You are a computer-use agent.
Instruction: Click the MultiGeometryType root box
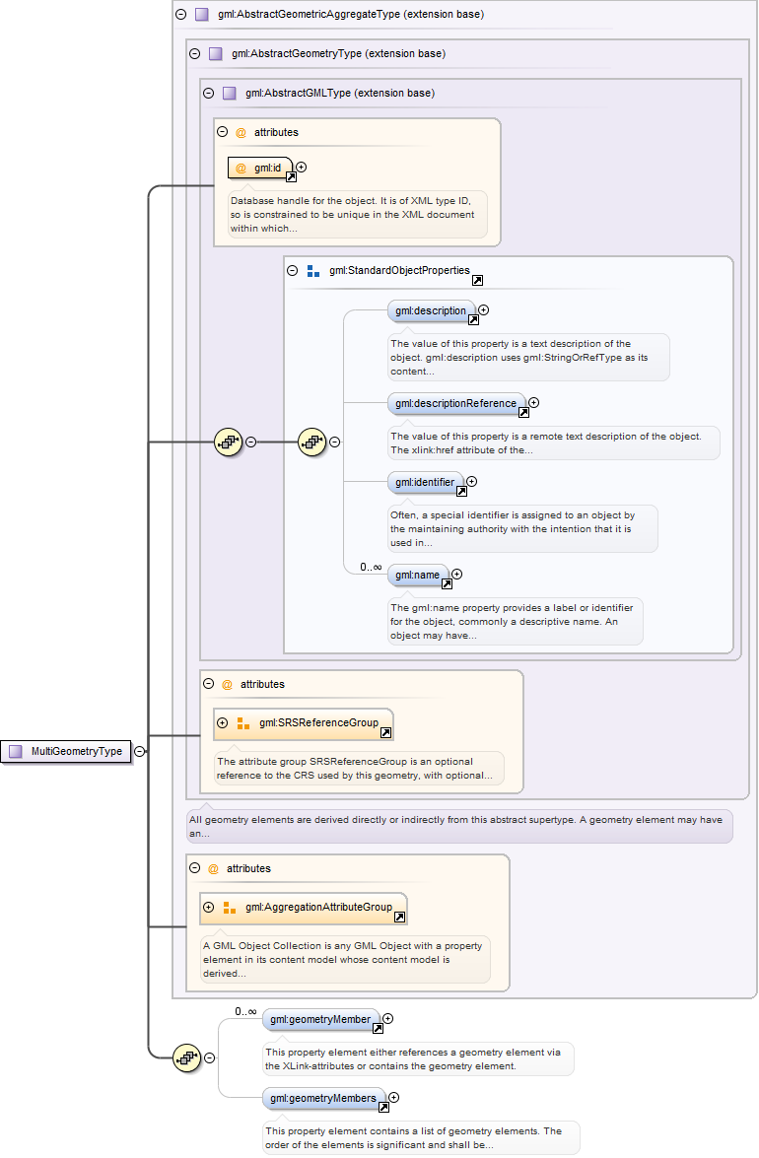(66, 751)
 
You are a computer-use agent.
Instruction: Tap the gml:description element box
(431, 311)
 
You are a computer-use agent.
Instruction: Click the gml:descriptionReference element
(455, 403)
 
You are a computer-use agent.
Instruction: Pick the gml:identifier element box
(425, 483)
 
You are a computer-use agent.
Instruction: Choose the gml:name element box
(417, 575)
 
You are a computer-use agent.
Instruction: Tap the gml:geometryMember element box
(321, 1020)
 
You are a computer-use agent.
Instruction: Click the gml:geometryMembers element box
(323, 1098)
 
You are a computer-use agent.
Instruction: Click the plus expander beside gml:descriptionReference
(534, 402)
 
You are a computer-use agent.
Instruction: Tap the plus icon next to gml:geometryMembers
(394, 1097)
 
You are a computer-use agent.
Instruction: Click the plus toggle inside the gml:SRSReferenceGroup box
(222, 723)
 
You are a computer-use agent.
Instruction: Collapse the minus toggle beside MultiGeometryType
(140, 751)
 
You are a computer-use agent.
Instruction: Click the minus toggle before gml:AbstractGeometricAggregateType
(180, 15)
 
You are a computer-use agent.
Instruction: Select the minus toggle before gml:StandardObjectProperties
(292, 270)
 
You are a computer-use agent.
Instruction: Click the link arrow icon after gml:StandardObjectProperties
(477, 281)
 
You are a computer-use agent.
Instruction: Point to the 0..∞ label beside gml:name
(371, 567)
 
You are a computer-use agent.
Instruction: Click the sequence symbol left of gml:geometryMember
(186, 1058)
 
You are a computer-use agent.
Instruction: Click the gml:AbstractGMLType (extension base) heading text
(340, 94)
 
